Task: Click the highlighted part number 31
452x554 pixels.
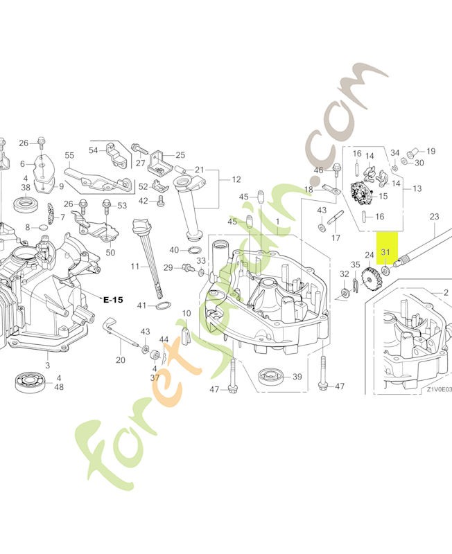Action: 386,253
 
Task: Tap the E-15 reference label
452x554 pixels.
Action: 112,299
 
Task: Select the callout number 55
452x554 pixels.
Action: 69,155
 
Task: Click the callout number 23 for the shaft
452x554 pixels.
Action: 435,217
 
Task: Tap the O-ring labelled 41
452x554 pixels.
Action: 161,305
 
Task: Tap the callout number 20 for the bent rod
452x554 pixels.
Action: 121,359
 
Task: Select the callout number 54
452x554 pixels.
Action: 94,150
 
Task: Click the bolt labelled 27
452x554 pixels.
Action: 135,148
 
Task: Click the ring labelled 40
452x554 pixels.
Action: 195,250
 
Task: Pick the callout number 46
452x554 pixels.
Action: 319,170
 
